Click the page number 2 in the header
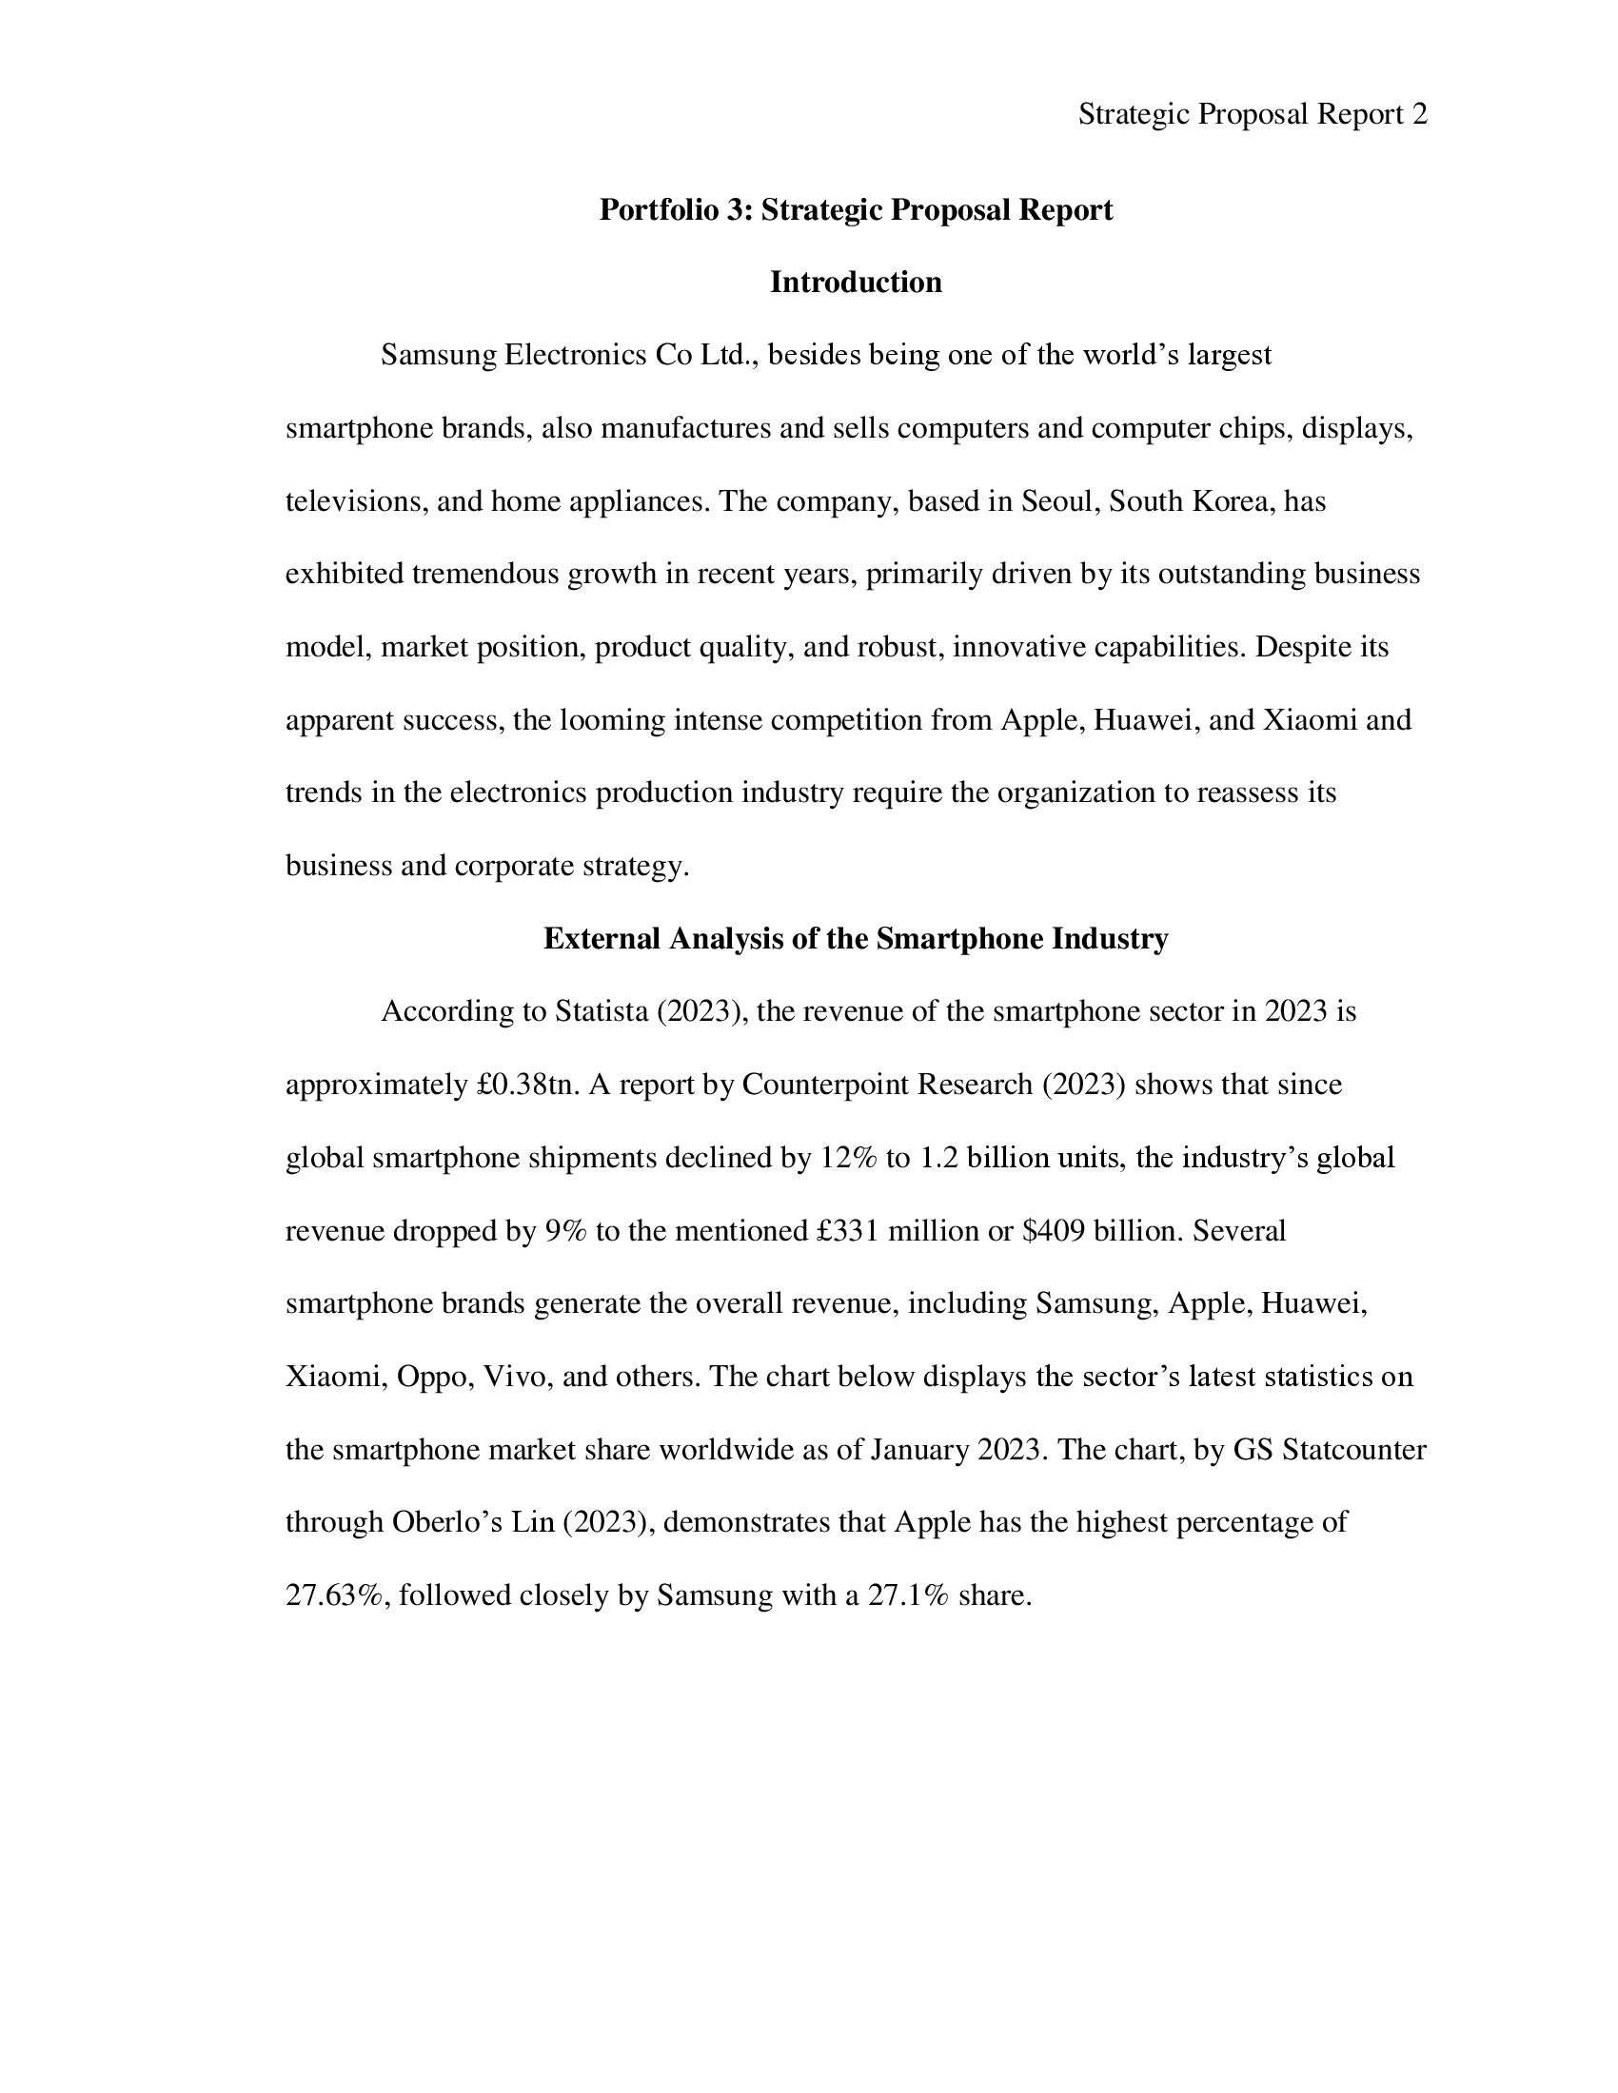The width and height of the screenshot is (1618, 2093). pos(1420,115)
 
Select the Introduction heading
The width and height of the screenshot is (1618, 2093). pos(855,283)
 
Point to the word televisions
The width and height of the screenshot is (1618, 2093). pos(357,501)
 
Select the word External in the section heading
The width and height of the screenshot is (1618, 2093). pos(602,938)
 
